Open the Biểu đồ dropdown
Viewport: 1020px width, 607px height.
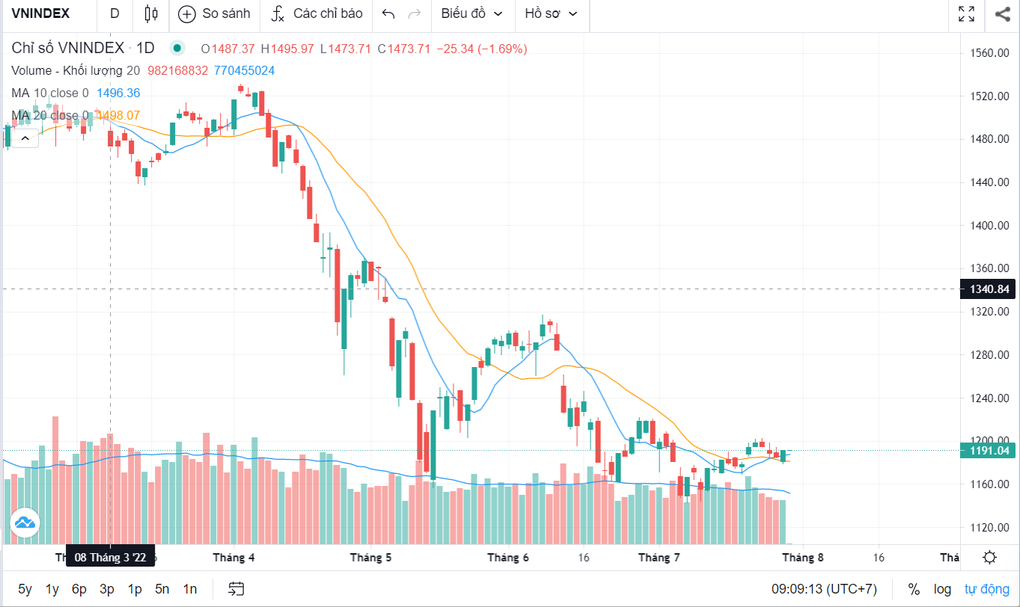point(471,13)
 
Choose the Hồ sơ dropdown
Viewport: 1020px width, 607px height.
point(551,13)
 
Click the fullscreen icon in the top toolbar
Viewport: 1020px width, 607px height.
point(966,13)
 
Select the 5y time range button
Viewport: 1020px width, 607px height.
point(25,589)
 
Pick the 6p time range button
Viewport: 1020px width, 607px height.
point(79,589)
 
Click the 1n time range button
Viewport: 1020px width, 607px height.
point(190,589)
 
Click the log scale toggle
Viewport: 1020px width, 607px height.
point(942,589)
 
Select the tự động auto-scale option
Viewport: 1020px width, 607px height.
point(986,589)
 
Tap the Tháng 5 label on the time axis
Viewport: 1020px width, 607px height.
point(370,558)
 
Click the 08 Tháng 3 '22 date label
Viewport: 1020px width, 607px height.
point(111,556)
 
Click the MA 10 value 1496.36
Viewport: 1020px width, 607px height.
point(118,93)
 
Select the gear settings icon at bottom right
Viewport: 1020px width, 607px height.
point(989,558)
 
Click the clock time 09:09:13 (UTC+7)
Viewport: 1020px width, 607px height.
point(825,589)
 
